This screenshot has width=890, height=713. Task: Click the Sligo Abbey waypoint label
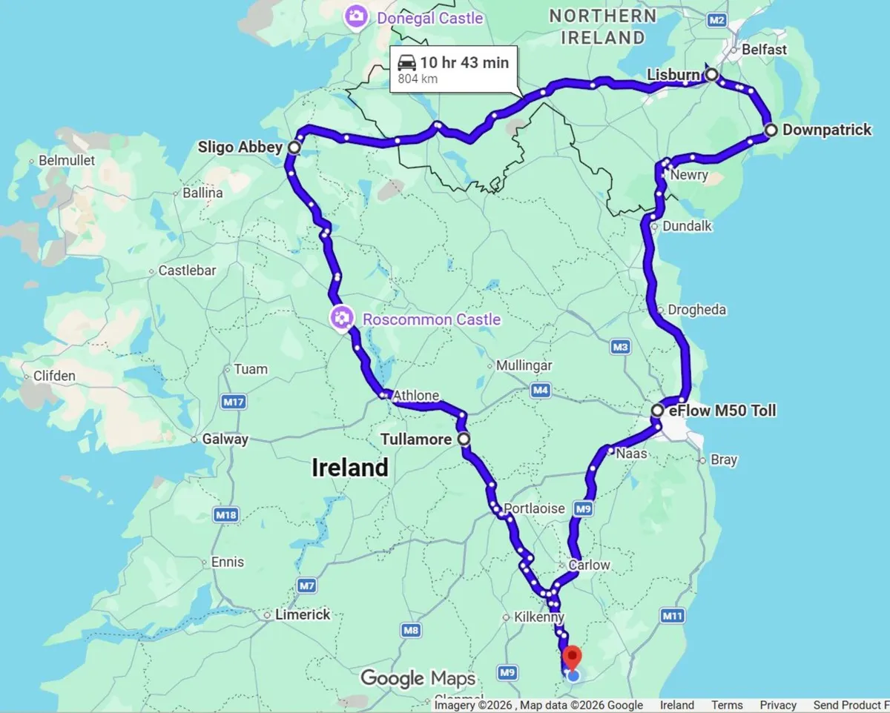pyautogui.click(x=240, y=147)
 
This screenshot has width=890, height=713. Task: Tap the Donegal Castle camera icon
pyautogui.click(x=356, y=16)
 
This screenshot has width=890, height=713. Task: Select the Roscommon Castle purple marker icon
pyautogui.click(x=341, y=319)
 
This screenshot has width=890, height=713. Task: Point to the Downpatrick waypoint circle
pyautogui.click(x=771, y=130)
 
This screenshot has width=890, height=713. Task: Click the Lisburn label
pyautogui.click(x=673, y=75)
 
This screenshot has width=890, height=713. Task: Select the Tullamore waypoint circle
pyautogui.click(x=464, y=439)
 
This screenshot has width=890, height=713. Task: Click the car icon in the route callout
pyautogui.click(x=406, y=62)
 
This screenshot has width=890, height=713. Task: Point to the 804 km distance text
pyautogui.click(x=418, y=79)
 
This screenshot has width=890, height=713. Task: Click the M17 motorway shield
pyautogui.click(x=235, y=402)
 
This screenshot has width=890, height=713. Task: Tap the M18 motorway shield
pyautogui.click(x=225, y=514)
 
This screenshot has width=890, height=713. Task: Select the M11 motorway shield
pyautogui.click(x=672, y=615)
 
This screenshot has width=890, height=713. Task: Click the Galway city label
pyautogui.click(x=225, y=440)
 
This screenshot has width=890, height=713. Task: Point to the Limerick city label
pyautogui.click(x=303, y=614)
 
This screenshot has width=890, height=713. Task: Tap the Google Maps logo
pyautogui.click(x=418, y=678)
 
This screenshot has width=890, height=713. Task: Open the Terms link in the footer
pyautogui.click(x=727, y=706)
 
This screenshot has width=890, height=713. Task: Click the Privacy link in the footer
pyautogui.click(x=778, y=706)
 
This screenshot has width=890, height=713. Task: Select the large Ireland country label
pyautogui.click(x=349, y=468)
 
